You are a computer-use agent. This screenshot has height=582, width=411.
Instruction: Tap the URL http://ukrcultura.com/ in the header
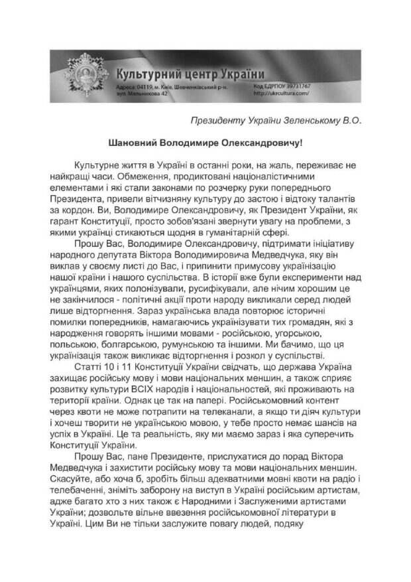[281, 94]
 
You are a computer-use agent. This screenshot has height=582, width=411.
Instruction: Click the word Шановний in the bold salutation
[131, 142]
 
